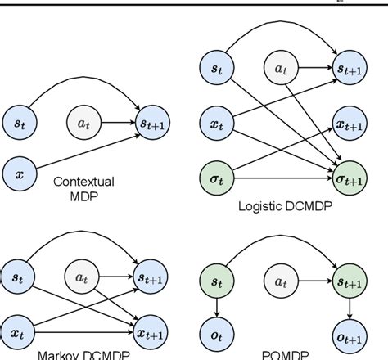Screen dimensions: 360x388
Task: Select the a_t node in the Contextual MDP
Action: click(x=82, y=125)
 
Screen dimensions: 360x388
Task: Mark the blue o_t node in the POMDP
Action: click(x=216, y=333)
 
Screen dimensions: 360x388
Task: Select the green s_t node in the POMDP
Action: click(x=216, y=281)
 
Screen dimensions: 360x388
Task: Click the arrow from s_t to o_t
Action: click(x=216, y=308)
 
